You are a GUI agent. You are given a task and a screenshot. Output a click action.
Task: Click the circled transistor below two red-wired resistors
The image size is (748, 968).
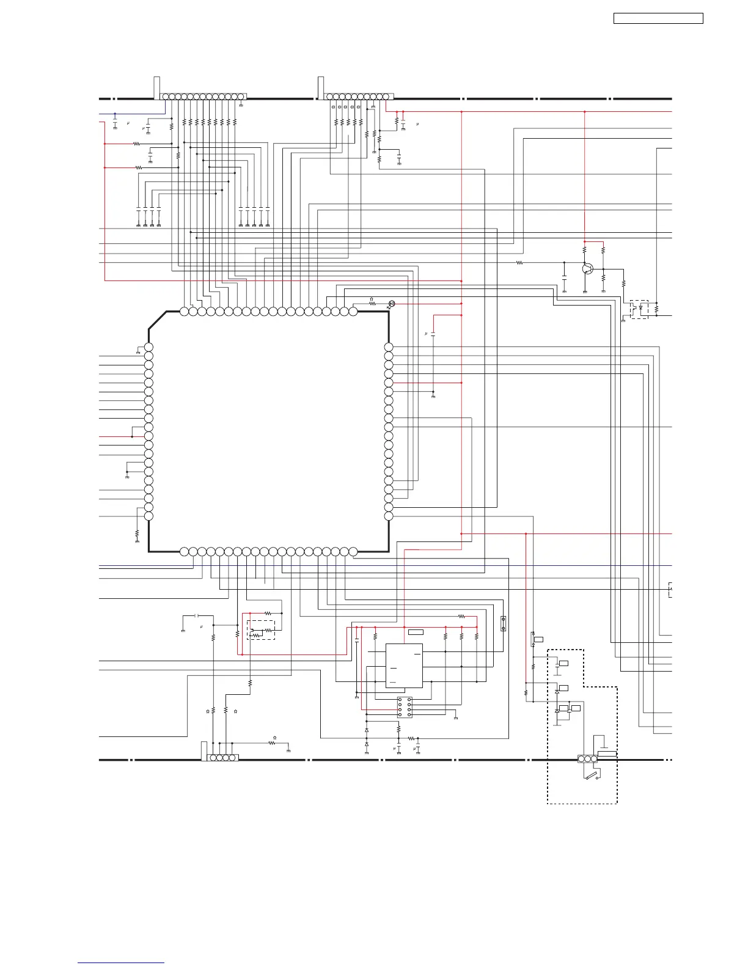587,268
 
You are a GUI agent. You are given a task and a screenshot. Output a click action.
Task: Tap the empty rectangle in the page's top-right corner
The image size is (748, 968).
658,18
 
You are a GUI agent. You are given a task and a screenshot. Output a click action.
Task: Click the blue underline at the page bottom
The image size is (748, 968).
121,963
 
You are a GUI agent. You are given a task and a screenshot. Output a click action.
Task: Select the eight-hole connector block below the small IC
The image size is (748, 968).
405,707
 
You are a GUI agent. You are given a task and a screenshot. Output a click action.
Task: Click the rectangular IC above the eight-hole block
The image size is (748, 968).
404,665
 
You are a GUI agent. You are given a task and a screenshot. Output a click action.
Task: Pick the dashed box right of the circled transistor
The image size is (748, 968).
639,309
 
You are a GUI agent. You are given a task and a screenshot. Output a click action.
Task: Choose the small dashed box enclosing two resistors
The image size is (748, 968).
261,630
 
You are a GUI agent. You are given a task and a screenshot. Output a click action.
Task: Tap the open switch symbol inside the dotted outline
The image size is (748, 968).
592,777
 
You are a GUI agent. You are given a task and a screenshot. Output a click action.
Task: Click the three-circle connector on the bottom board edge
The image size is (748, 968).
587,759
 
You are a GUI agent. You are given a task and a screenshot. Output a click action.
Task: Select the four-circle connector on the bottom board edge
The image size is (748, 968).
222,758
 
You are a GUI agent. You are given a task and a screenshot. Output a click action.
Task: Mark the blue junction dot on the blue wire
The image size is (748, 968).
115,113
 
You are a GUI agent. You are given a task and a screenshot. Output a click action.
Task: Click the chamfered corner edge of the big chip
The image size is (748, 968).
157,320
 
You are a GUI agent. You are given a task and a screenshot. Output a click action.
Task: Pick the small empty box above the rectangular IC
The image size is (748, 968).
416,631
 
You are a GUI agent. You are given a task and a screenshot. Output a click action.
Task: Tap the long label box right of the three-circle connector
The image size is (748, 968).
607,754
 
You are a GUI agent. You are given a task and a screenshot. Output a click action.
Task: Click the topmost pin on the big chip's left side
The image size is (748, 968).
148,347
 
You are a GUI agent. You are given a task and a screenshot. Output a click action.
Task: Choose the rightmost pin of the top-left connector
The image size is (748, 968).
241,97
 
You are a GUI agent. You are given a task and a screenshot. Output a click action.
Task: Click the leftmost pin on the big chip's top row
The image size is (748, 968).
185,311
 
